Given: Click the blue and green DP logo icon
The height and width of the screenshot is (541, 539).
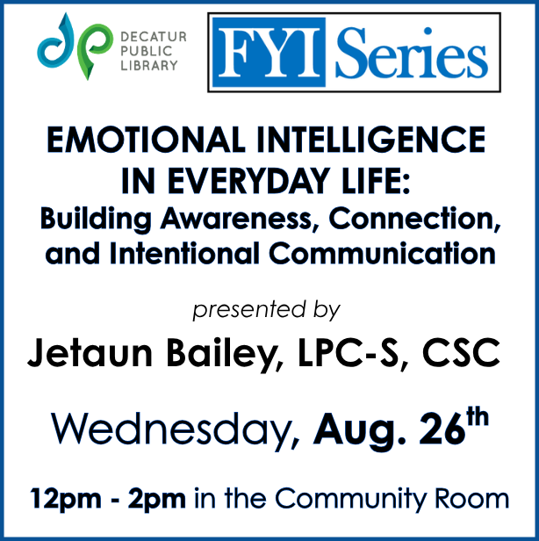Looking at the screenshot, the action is coord(75,47).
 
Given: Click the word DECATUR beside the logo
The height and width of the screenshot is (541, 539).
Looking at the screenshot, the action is coord(154,37).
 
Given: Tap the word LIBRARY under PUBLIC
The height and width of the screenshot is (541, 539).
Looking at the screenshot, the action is coord(149,66).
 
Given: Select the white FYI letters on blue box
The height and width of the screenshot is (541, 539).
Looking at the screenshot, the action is coord(269,52).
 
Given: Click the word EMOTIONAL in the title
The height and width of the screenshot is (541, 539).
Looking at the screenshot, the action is coord(146,140).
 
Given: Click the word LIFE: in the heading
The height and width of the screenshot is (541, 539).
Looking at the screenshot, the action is coord(375,181).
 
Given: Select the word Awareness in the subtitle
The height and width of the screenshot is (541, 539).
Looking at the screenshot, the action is coord(236,219).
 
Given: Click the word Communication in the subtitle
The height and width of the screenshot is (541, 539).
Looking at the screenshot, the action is coord(382,253).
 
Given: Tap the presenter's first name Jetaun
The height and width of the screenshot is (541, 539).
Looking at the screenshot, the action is coord(90,352).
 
